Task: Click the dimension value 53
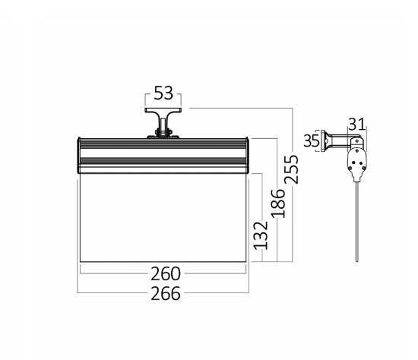click(163, 93)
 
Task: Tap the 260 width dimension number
click(166, 274)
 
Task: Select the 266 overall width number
click(166, 294)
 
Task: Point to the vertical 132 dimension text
click(261, 236)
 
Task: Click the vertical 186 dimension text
click(278, 204)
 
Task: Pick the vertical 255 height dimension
click(291, 169)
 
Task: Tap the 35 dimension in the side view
click(312, 141)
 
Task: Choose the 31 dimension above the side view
click(356, 124)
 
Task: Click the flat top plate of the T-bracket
click(163, 110)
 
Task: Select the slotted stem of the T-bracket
click(163, 125)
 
